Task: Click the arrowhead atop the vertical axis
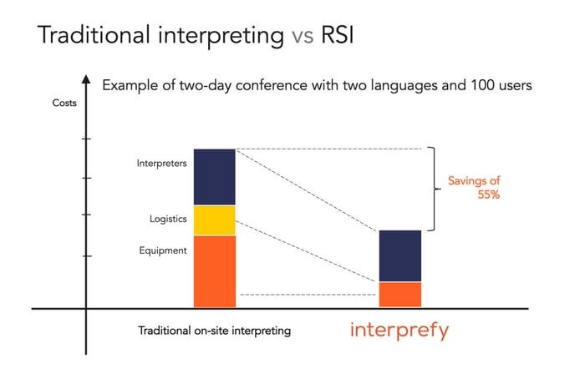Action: click(85, 79)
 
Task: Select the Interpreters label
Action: click(161, 163)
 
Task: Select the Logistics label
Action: click(168, 219)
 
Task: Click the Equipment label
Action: click(163, 250)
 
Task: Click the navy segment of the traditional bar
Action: click(215, 177)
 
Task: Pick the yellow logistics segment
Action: click(215, 220)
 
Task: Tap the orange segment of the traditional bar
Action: click(215, 271)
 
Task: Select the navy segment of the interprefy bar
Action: click(400, 255)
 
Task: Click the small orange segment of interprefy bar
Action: click(400, 294)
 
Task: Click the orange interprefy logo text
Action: click(399, 330)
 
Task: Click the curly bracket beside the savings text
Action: click(432, 189)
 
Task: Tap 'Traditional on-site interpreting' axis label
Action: click(214, 331)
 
